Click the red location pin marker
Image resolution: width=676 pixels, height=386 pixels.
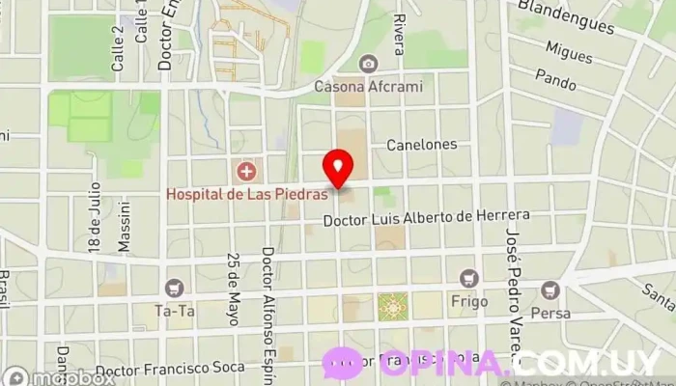tap(337, 167)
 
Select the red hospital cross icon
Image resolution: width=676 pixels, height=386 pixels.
tap(247, 172)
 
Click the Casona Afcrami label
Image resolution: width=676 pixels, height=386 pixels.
tap(369, 86)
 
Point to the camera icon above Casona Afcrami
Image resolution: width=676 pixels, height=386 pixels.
tap(368, 65)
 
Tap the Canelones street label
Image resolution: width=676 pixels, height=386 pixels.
tap(421, 145)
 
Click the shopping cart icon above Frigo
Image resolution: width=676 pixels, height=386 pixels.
tap(469, 279)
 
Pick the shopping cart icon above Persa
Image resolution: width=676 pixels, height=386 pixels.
tap(550, 290)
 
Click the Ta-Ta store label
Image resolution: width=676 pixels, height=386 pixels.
tap(175, 311)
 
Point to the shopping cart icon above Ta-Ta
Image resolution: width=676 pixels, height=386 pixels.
tap(175, 289)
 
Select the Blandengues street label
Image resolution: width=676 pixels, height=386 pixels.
tap(568, 14)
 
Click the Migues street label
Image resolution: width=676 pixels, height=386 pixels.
tap(569, 51)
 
